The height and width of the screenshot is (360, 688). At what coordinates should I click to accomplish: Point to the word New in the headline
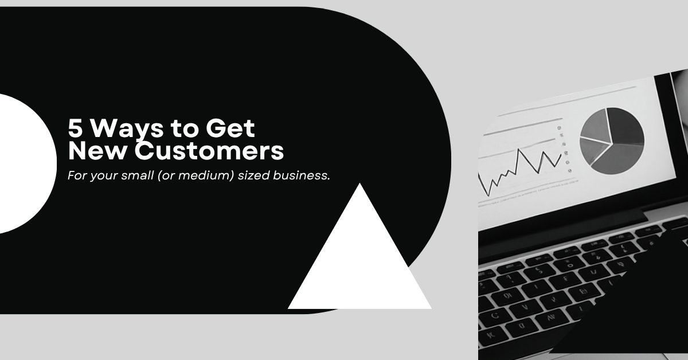(92, 151)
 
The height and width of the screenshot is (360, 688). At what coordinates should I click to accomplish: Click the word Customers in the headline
(209, 151)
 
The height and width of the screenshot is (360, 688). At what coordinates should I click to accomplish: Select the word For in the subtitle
(76, 175)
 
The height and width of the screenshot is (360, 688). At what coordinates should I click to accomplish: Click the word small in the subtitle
(136, 175)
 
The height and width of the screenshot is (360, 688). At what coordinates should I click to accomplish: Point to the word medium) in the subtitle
(202, 175)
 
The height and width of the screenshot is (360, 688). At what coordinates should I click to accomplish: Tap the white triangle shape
(360, 264)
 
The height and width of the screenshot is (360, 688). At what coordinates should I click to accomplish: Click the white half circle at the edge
(23, 163)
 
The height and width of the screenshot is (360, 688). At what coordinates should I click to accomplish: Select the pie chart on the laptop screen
(612, 140)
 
